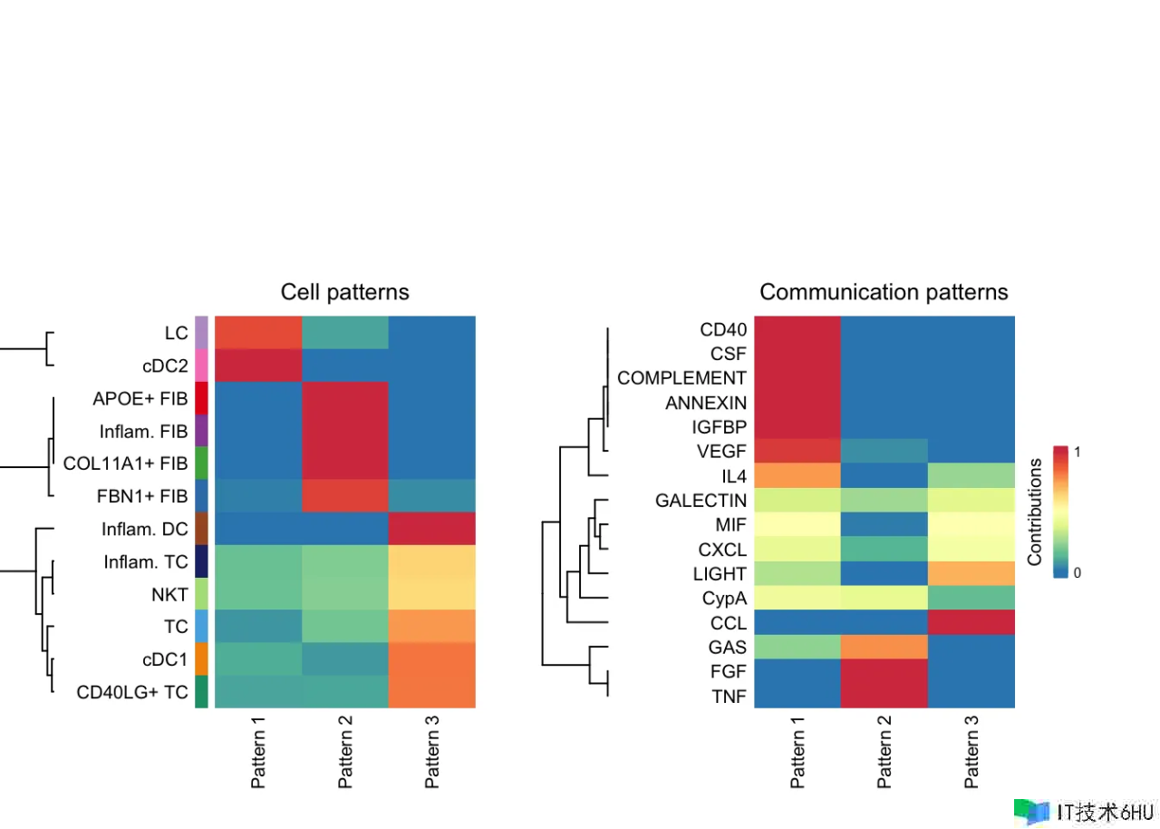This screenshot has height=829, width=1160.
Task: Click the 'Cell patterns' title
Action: tap(344, 292)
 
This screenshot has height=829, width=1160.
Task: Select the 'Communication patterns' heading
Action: tap(884, 292)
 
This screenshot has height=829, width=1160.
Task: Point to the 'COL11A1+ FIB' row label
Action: tap(126, 463)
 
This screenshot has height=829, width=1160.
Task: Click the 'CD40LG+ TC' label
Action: tap(132, 692)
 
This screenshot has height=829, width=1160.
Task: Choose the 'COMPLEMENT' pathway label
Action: tap(681, 377)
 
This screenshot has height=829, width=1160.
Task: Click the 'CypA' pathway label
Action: tap(724, 599)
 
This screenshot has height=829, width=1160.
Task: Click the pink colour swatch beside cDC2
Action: tap(202, 366)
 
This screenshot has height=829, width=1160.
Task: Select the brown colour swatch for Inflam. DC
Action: tap(202, 529)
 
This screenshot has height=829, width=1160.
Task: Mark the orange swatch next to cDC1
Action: tap(202, 659)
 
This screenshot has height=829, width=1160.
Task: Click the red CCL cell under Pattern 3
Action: tap(971, 623)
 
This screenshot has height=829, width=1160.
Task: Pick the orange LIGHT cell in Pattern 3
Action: tap(971, 574)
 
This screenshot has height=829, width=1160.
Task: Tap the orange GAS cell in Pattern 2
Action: tap(884, 648)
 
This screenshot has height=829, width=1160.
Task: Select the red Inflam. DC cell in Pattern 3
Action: tap(432, 529)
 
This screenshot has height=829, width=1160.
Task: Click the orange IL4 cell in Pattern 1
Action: tap(797, 476)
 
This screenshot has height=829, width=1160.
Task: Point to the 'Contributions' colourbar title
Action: tap(1035, 512)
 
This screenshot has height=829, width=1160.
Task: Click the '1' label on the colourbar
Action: tap(1078, 452)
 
